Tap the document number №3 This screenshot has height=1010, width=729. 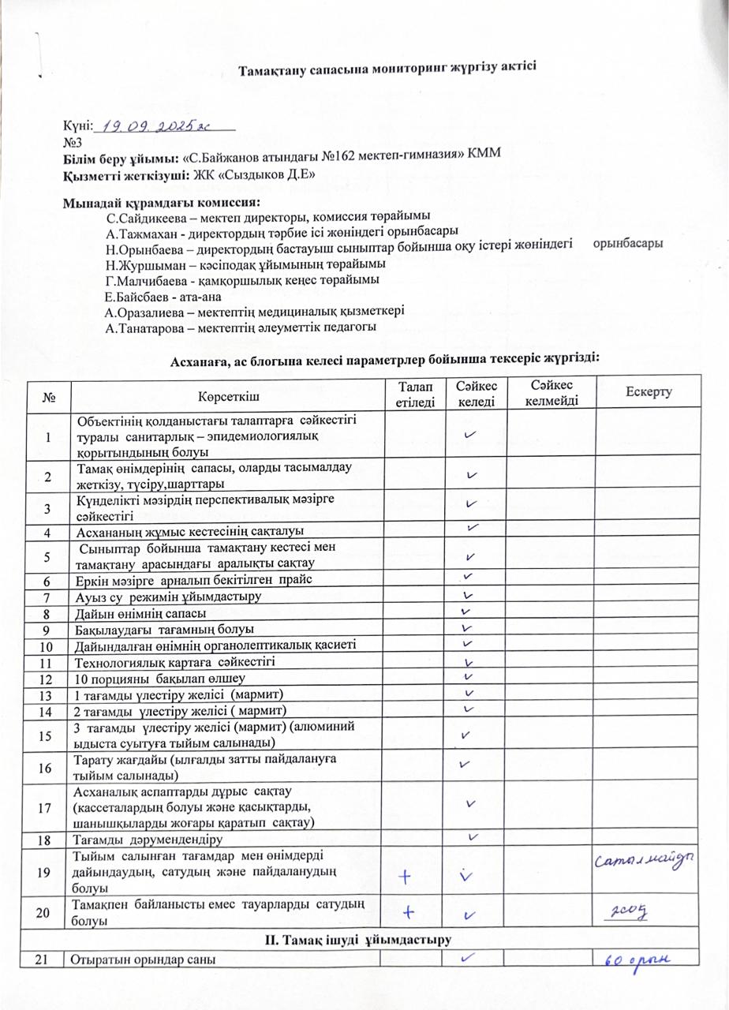coord(72,141)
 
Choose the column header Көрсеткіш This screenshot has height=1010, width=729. coord(229,393)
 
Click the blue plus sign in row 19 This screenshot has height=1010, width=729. coord(407,874)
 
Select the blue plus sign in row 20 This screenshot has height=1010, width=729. coord(409,912)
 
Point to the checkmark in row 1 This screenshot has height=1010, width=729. coord(470,434)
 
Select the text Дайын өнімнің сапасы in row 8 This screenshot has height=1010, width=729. coord(140,613)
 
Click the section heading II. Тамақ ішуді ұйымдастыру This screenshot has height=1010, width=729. coord(364,939)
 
